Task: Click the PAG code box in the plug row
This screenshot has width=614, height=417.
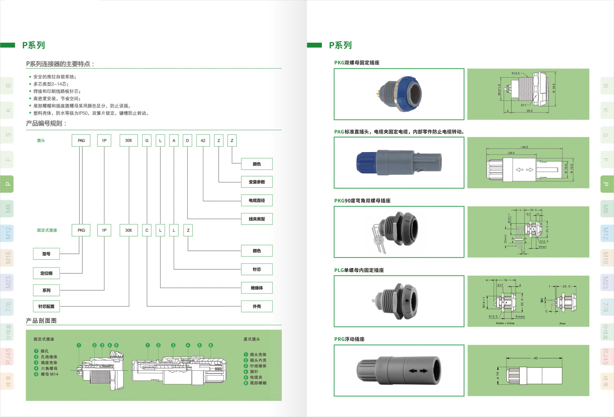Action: pos(81,140)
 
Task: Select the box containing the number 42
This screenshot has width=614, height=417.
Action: pos(203,140)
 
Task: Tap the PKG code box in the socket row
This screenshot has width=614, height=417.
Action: pos(81,230)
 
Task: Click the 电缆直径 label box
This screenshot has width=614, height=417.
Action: pos(257,200)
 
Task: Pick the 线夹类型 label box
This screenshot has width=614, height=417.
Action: pos(257,219)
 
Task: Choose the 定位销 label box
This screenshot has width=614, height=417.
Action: pos(46,273)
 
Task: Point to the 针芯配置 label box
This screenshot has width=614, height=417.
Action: pos(46,306)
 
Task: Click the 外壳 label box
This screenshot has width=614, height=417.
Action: pos(257,306)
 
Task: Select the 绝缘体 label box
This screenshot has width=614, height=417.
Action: pos(257,288)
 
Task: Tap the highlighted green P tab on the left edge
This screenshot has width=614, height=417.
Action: pos(7,184)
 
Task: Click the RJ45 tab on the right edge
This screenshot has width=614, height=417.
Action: pos(607,357)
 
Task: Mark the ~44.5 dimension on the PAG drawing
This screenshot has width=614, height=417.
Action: pos(524,147)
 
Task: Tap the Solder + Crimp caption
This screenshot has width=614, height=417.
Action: pos(505,323)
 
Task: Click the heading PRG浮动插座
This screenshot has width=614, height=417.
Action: pos(349,339)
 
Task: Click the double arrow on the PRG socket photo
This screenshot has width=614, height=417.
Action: pos(418,371)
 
